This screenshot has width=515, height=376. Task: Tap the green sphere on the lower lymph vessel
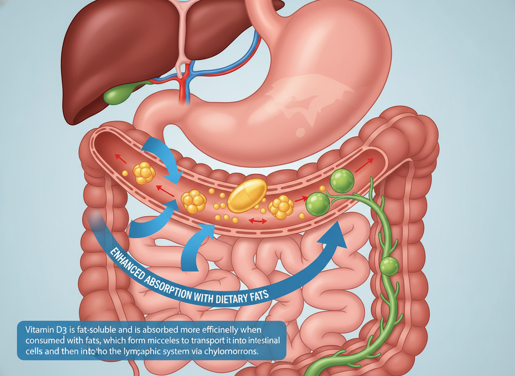tap(389, 265)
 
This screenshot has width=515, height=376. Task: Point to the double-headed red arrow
tap(257, 221)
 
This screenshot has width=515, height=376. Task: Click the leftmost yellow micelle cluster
tap(144, 173)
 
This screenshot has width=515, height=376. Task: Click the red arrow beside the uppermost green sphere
tap(364, 165)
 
